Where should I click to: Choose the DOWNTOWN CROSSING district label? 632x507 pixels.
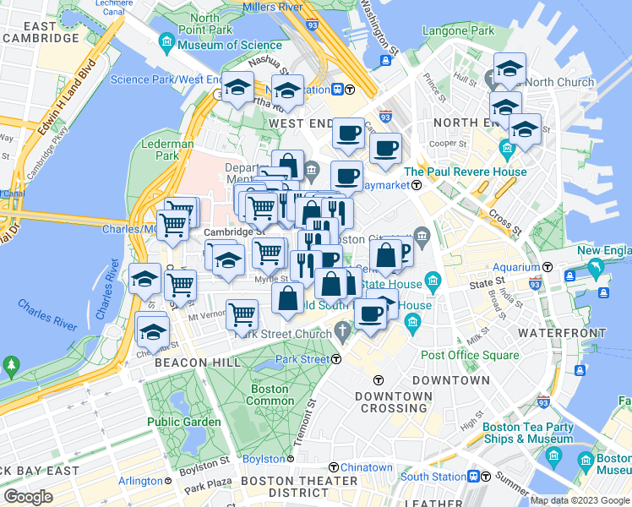point(393,401)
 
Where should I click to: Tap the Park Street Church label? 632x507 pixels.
point(283,333)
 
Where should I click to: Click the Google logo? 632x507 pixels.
point(28,497)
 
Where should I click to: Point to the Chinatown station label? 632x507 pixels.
point(366,467)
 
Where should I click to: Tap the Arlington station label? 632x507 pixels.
point(139,482)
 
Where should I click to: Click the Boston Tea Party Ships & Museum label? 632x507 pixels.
point(528,433)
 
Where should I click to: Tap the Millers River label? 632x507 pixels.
point(272,8)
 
